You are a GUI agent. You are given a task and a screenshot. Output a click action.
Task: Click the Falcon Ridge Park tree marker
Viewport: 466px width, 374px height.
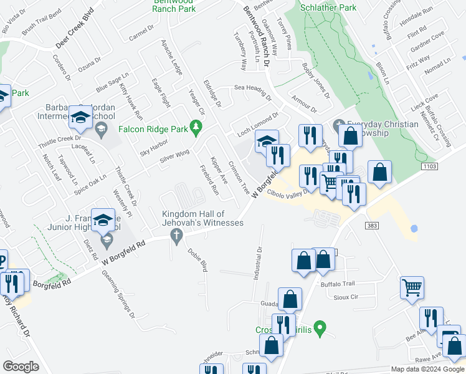197,127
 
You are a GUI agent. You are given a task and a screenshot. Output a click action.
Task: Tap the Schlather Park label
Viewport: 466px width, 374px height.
328,7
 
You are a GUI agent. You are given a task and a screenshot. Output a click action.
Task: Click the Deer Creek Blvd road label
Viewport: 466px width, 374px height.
78,40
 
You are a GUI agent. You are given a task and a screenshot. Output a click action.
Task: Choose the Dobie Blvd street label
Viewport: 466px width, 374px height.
197,259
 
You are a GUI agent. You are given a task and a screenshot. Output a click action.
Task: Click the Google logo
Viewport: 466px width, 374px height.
21,367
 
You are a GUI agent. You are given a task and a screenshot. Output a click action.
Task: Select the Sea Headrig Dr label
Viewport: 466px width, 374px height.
253,92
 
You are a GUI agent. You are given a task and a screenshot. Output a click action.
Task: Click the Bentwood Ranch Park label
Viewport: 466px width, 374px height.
173,7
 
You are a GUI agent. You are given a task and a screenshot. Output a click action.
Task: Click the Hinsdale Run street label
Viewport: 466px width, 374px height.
419,29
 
